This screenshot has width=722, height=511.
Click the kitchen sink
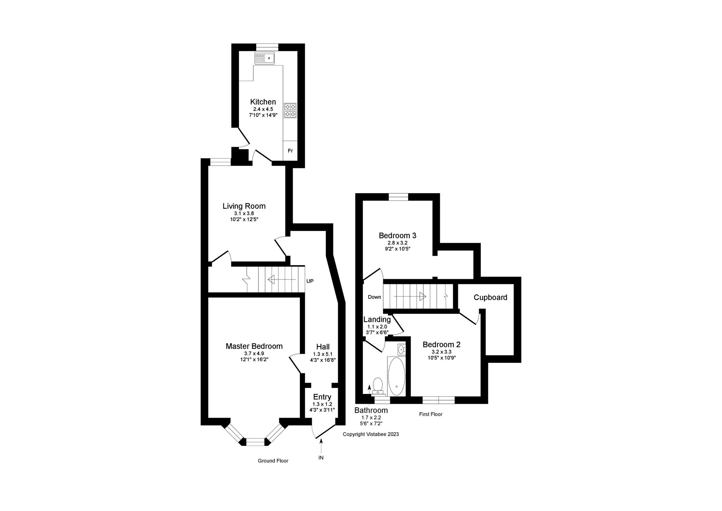click(264, 58)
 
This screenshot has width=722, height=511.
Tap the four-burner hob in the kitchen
click(290, 111)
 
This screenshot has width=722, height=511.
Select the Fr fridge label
click(290, 151)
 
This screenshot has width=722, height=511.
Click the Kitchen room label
click(263, 102)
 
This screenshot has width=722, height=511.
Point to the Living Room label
click(244, 206)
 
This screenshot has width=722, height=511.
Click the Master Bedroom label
click(254, 346)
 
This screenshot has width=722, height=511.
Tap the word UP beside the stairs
click(310, 281)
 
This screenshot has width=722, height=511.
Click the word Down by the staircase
click(374, 297)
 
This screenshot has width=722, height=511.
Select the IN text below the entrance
click(321, 458)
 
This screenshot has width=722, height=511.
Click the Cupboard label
click(490, 298)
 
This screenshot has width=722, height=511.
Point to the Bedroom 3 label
click(397, 235)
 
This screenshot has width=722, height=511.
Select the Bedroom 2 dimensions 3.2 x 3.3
click(441, 352)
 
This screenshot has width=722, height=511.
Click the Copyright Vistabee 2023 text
click(371, 434)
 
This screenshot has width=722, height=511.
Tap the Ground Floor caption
click(273, 461)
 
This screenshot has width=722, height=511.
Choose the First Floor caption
click(430, 414)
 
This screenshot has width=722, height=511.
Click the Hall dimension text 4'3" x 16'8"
click(323, 360)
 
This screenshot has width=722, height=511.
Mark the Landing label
click(377, 319)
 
